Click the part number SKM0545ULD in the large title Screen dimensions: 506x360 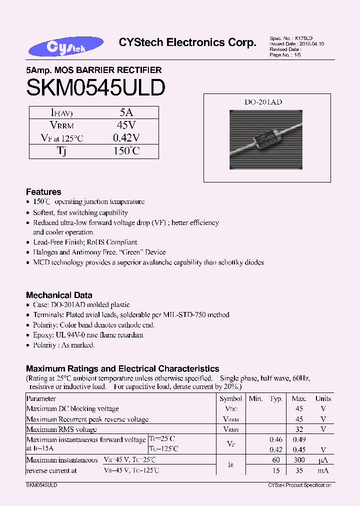95,88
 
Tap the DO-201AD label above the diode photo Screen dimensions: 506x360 263,102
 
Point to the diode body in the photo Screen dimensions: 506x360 263,132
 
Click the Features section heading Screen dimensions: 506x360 43,192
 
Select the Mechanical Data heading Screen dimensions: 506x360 59,295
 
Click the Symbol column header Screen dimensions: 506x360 230,398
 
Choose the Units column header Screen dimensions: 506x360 323,398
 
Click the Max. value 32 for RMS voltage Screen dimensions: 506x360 299,429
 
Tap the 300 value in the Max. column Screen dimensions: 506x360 299,460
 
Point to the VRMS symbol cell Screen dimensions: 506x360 230,429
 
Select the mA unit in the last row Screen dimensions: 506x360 323,470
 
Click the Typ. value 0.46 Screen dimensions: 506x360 276,439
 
